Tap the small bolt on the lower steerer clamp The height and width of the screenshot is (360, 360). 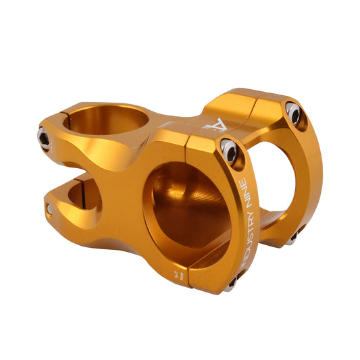pos(49,210)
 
